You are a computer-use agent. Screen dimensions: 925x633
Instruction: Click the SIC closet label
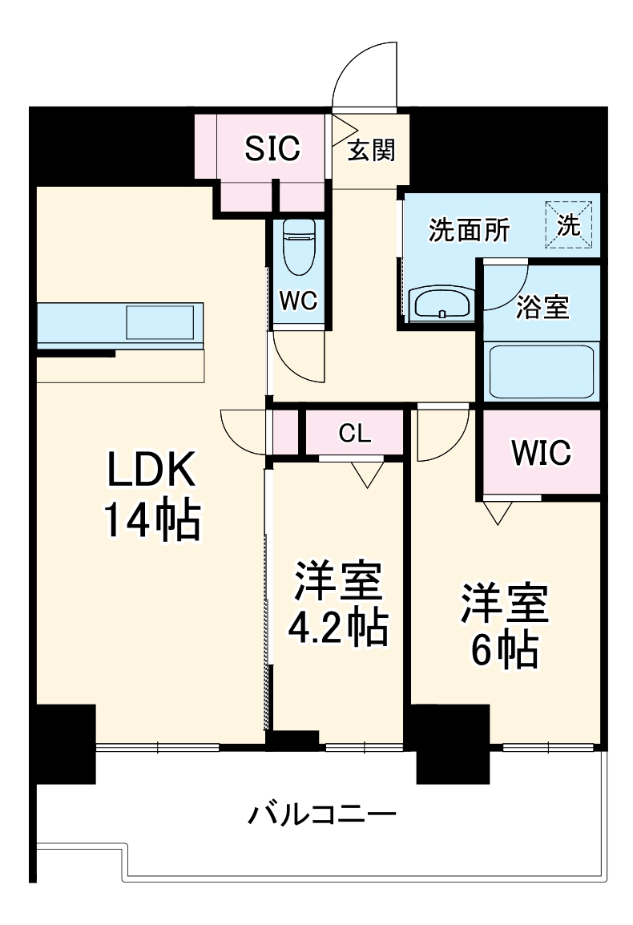coord(272,148)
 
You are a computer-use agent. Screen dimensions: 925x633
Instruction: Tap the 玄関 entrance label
coord(372,150)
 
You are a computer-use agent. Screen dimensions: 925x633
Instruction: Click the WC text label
coord(299,301)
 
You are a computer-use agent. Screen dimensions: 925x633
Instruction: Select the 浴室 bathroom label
coord(542,307)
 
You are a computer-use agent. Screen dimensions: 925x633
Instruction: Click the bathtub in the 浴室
coord(542,371)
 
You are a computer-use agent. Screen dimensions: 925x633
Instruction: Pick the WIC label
coord(542,453)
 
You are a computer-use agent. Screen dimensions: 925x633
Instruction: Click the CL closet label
coord(355,434)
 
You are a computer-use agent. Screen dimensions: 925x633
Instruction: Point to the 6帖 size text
coord(503,651)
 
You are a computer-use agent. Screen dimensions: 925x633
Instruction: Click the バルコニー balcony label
coord(322,818)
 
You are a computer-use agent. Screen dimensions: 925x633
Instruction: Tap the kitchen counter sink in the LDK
coord(160,323)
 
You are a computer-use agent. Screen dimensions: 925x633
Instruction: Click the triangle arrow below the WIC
coord(497,511)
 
